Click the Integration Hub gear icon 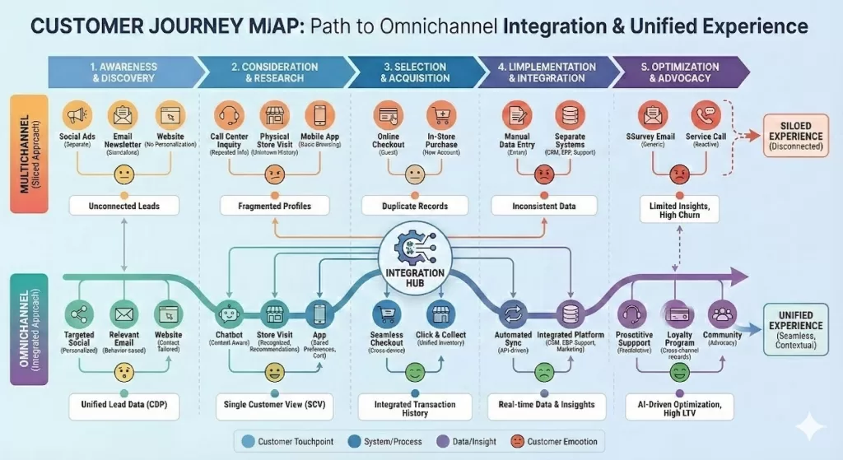413,249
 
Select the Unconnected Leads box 123,207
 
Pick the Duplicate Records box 414,207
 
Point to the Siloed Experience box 794,137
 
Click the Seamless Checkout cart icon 388,314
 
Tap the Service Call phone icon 706,114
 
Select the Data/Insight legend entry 468,442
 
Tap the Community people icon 723,314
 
